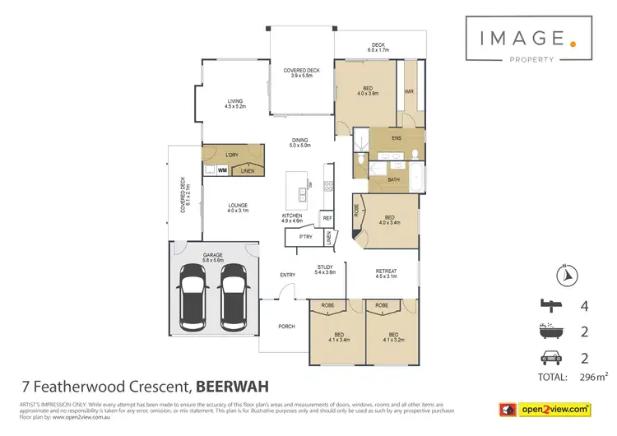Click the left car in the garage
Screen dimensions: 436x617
(x=193, y=295)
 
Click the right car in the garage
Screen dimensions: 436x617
(x=234, y=295)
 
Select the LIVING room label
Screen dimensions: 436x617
(x=237, y=102)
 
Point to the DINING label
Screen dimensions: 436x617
(x=299, y=141)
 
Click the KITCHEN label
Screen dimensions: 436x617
(x=293, y=216)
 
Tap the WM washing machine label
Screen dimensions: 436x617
(x=222, y=170)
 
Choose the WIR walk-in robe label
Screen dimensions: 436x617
(x=409, y=92)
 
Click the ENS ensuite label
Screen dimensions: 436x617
(x=396, y=138)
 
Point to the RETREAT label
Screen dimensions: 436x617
(x=386, y=272)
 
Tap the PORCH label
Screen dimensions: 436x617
(x=285, y=327)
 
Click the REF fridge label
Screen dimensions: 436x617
(x=327, y=218)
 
